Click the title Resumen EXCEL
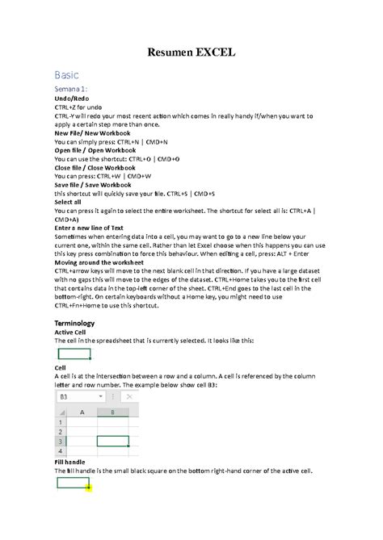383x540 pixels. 191,53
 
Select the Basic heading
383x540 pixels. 68,74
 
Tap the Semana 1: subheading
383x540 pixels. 71,88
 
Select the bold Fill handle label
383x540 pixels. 71,463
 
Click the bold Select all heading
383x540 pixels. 69,202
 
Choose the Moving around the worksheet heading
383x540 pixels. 99,263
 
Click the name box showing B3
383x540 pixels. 77,397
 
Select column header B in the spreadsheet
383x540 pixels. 112,412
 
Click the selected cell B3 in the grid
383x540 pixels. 112,441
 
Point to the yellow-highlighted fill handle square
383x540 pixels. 88,488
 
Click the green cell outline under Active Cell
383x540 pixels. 74,353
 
